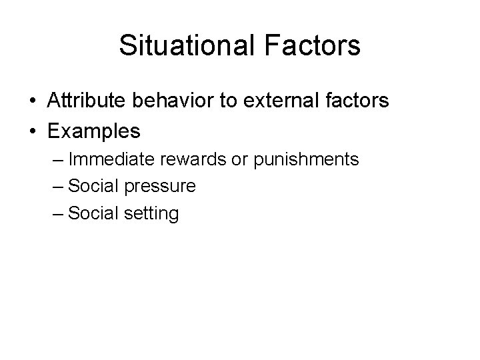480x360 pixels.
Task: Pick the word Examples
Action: (x=94, y=131)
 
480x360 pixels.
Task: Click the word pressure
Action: (x=161, y=187)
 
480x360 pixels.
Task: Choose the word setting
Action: (x=153, y=214)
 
